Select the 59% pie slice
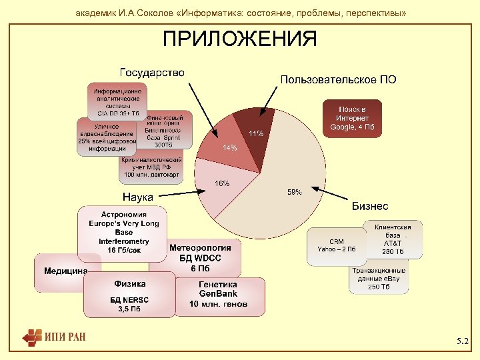point(280,180)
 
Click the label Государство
point(152,71)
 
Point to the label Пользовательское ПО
point(338,80)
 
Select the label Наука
point(137,197)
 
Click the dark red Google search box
point(352,118)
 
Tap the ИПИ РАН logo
point(53,337)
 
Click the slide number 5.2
point(462,341)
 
